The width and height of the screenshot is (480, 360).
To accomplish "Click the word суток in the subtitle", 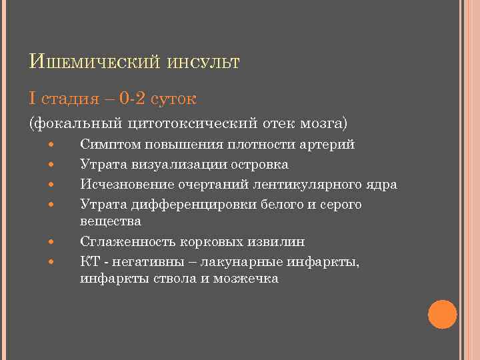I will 173,99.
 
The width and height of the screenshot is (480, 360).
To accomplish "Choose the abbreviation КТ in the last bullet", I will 89,261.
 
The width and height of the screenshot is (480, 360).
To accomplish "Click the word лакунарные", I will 233,261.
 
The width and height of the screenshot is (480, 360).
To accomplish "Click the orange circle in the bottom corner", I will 442,314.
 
